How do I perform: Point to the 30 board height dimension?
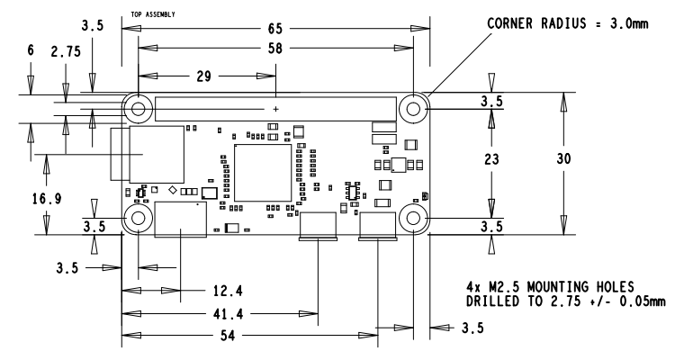pyautogui.click(x=564, y=158)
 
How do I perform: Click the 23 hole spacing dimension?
pyautogui.click(x=491, y=158)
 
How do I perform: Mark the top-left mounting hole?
pyautogui.click(x=138, y=109)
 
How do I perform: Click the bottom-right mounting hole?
pyautogui.click(x=413, y=219)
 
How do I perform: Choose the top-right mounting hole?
pyautogui.click(x=413, y=109)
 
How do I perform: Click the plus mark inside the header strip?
pyautogui.click(x=276, y=109)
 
